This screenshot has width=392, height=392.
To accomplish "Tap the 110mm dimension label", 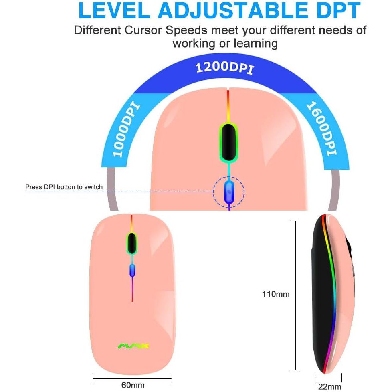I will pos(276,294).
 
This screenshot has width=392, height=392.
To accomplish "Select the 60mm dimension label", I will pos(133,385).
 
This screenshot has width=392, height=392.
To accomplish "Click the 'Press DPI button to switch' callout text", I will pos(64,187).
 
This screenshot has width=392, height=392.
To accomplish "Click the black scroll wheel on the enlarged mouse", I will pos(228,143).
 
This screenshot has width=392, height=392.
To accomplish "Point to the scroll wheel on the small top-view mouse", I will pos(132,243).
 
